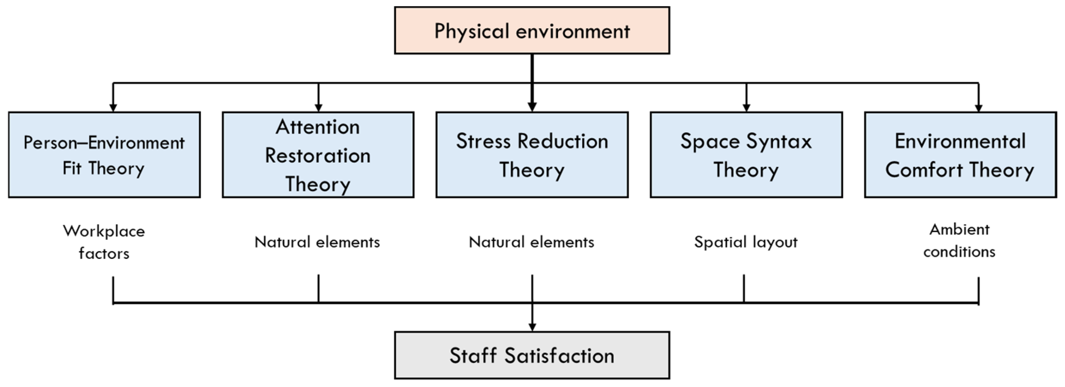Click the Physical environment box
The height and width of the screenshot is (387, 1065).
[532, 30]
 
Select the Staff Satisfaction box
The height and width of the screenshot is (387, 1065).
[532, 355]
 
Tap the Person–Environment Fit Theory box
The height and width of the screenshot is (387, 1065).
[104, 155]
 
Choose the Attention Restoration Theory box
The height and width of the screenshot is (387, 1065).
[318, 155]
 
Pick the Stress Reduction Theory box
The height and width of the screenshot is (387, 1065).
[532, 155]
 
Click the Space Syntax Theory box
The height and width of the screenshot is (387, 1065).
[746, 155]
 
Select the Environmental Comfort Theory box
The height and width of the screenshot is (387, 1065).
[960, 155]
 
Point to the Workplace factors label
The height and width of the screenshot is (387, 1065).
[104, 242]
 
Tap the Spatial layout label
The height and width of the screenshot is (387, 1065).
[746, 242]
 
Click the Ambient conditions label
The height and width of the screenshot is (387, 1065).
[959, 240]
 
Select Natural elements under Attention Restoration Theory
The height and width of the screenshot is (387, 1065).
[317, 242]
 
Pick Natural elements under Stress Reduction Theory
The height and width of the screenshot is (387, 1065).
[531, 242]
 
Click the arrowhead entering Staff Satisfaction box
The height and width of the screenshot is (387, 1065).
[532, 327]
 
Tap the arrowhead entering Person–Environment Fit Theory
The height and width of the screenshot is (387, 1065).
[113, 107]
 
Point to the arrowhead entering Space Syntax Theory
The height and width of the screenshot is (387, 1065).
[746, 107]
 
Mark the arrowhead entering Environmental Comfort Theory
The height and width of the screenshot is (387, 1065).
[978, 107]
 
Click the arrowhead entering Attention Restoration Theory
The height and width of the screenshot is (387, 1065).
[318, 107]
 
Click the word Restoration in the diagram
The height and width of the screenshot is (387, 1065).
[318, 156]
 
